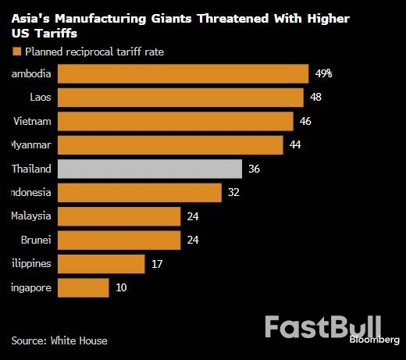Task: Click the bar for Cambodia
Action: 183,73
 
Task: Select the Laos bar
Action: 180,98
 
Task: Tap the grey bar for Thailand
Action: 149,169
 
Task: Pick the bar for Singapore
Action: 84,287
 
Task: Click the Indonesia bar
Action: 140,192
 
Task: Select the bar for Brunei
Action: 119,240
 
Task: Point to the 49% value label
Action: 324,73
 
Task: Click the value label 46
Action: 306,121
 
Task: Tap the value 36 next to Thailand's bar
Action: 255,169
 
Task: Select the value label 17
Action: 157,264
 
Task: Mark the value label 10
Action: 121,287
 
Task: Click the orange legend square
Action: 16,52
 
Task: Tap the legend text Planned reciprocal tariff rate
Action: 94,52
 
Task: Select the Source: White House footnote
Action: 59,340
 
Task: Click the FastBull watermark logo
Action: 322,326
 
